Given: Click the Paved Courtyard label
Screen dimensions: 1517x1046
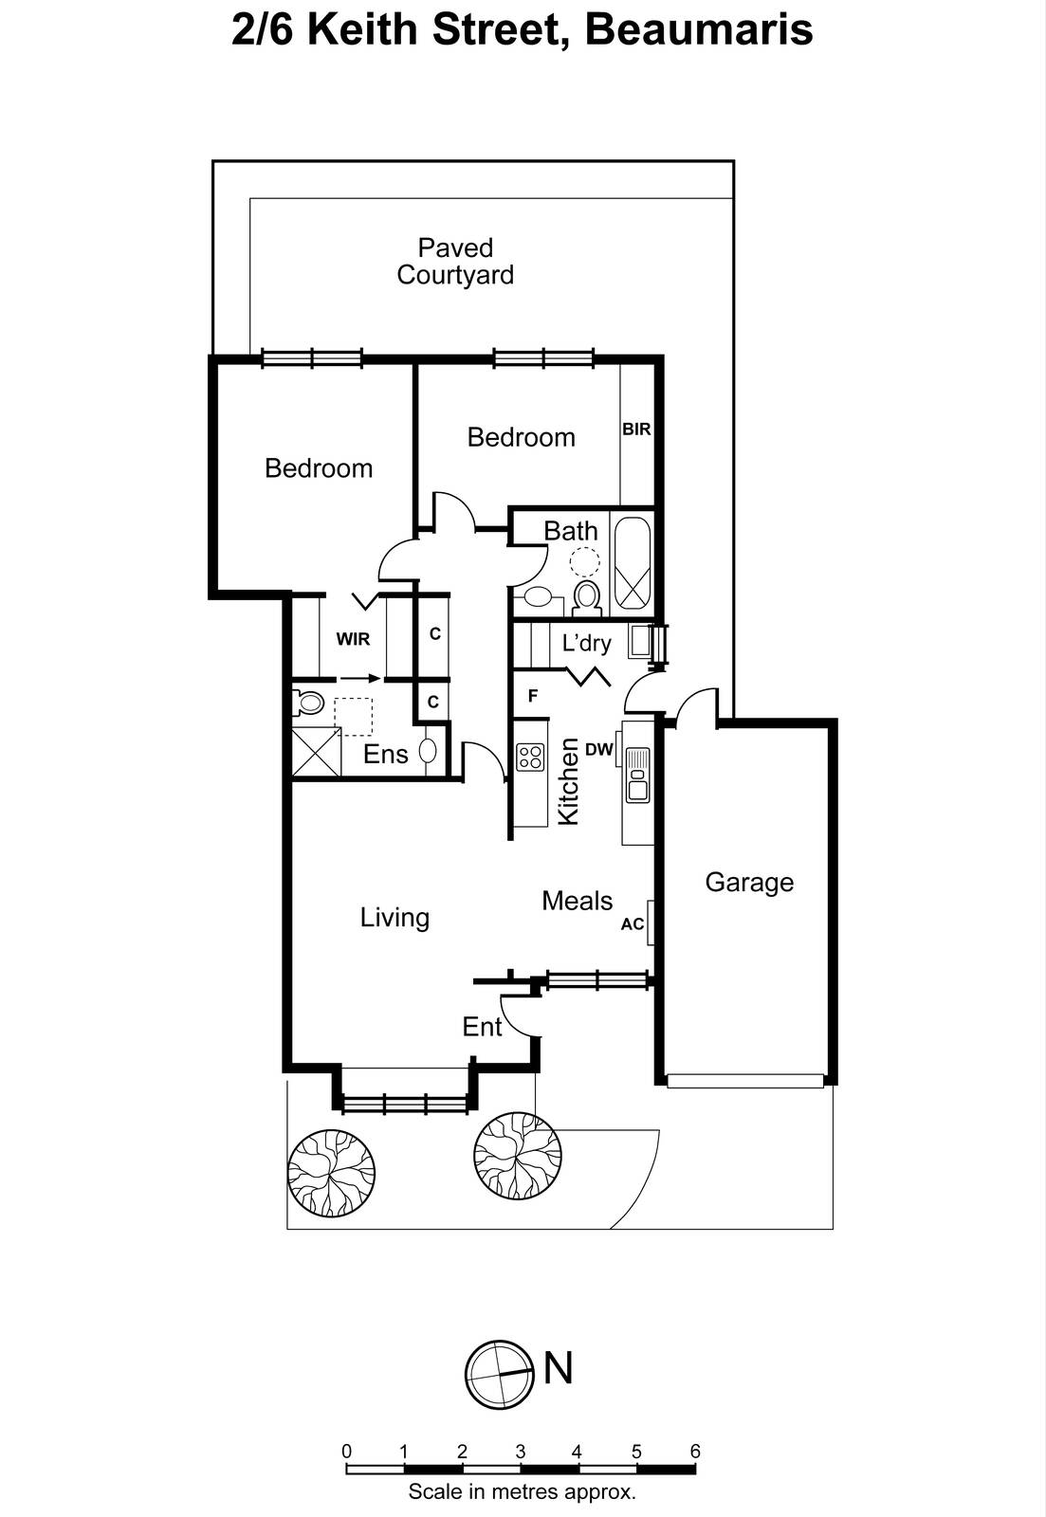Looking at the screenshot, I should click(x=455, y=262).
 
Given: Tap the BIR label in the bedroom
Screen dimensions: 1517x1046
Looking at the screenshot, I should click(x=636, y=430).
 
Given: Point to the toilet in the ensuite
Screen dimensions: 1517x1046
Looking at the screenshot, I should click(x=307, y=703).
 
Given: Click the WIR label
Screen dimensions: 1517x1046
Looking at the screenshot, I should click(x=353, y=639).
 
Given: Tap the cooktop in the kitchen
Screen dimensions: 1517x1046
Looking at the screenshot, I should click(x=530, y=757).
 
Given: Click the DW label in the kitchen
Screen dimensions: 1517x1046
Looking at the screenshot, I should click(x=599, y=749).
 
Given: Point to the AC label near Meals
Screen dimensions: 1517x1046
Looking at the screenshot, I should click(x=633, y=924).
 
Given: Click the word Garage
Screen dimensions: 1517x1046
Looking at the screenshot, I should click(x=749, y=883).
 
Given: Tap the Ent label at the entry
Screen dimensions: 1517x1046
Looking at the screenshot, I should click(x=482, y=1027).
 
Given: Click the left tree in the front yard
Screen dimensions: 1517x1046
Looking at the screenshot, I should click(x=332, y=1173).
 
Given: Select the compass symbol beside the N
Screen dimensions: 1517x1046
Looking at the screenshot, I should click(x=498, y=1375).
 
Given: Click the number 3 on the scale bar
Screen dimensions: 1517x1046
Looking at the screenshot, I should click(x=521, y=1452).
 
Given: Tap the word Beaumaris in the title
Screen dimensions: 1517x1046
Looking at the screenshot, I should click(x=699, y=30).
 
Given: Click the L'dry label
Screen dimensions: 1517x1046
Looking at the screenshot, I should click(x=586, y=643).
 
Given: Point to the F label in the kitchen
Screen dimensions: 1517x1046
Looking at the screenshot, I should click(x=533, y=696).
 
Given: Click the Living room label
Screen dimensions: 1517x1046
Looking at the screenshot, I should click(x=395, y=918).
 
